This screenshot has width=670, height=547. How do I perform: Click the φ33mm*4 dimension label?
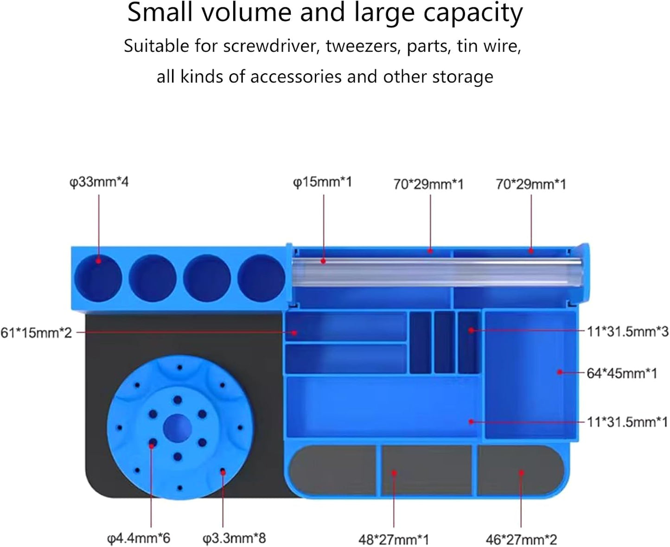(99, 182)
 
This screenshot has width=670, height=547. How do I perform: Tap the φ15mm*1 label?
(322, 182)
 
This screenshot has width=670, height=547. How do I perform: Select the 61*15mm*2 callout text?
(36, 332)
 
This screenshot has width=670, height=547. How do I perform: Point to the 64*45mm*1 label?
(622, 373)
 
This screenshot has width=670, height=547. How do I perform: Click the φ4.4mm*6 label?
(139, 538)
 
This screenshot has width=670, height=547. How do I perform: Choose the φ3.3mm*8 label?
(234, 538)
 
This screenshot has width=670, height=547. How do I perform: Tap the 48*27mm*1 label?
(394, 540)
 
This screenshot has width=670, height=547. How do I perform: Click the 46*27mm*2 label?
(521, 540)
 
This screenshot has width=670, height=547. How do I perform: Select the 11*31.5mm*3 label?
(627, 331)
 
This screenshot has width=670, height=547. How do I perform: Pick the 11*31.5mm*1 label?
(627, 422)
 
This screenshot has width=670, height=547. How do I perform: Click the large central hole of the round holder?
(178, 428)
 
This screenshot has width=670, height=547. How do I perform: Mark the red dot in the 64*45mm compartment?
(560, 372)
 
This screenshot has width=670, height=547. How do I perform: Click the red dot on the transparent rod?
(323, 261)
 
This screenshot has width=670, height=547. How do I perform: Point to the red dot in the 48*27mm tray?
(394, 473)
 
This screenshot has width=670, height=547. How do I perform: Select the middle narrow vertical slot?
(445, 342)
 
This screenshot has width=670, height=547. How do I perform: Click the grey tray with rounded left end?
(332, 470)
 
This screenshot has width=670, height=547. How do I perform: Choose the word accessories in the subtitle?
(296, 77)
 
